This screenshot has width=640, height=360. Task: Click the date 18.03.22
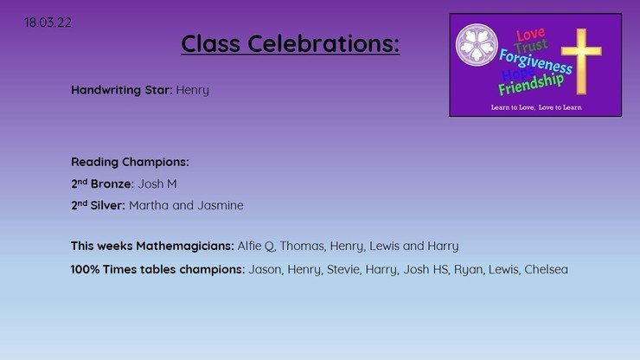(x=48, y=22)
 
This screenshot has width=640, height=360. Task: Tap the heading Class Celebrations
(x=291, y=43)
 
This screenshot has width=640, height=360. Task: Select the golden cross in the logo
(x=581, y=61)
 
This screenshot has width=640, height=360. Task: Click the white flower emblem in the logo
(x=477, y=44)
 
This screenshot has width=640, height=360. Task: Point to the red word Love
(x=531, y=34)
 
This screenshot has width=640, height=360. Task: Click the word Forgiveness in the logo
(x=535, y=61)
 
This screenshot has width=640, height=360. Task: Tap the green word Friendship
(x=531, y=84)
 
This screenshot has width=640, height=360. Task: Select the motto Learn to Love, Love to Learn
(x=536, y=107)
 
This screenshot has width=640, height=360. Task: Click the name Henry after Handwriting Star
(x=193, y=90)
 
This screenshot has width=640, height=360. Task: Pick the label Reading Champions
(x=130, y=162)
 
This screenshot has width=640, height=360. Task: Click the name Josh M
(x=157, y=183)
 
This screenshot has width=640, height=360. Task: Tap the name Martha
(x=149, y=205)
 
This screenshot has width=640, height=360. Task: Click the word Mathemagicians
(x=185, y=246)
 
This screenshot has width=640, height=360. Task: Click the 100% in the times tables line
(x=85, y=269)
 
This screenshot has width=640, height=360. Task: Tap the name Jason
(x=265, y=270)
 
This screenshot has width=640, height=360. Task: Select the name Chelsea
(x=546, y=269)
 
